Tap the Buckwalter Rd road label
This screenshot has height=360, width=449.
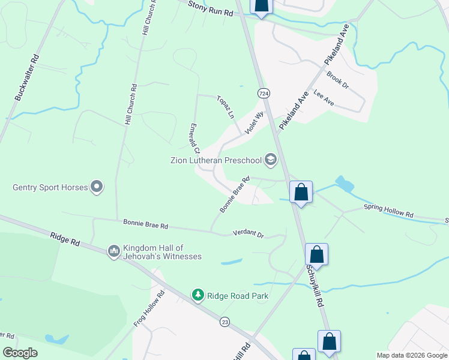[x=27, y=78]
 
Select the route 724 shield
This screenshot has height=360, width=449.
[x=264, y=93]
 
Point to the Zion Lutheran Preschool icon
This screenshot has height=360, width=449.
[x=271, y=160]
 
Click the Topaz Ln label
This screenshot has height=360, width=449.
[x=225, y=106]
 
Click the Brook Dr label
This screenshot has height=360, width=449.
[x=338, y=80]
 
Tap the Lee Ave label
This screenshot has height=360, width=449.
[x=324, y=99]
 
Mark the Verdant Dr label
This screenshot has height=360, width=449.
[x=248, y=233]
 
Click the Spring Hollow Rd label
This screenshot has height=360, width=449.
[x=388, y=211]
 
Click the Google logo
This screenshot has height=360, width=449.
[x=20, y=353]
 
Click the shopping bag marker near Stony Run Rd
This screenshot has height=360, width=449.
[x=261, y=5]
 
